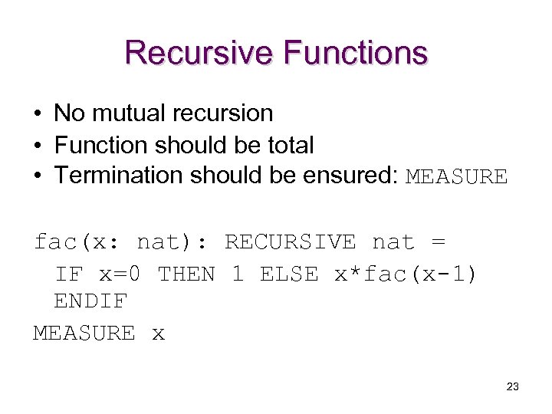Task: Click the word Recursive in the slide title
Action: coord(199,53)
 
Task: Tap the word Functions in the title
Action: coord(355,53)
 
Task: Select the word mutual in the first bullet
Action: coord(128,113)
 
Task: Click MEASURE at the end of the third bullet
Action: coord(456,177)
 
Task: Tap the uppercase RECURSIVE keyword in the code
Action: coord(290,242)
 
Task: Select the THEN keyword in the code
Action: coord(186,274)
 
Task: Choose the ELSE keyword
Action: coord(289,274)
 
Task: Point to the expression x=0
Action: coord(120,274)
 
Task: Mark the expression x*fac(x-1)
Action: coord(406,274)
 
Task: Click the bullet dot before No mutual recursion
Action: coord(37,114)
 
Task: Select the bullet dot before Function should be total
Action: coord(37,146)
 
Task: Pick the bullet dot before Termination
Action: coord(37,176)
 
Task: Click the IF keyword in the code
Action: coord(69,274)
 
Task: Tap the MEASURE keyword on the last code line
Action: coord(84,333)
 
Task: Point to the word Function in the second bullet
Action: coord(101,145)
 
